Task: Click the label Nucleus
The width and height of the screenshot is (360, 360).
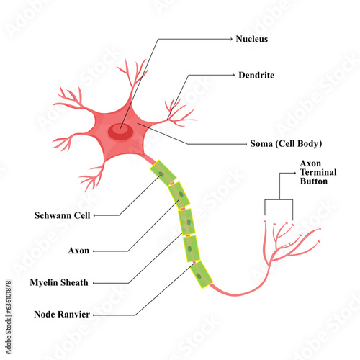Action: point(252,38)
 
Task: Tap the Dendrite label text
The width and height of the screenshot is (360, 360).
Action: point(256,74)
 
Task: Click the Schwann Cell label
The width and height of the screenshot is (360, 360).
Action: point(61,215)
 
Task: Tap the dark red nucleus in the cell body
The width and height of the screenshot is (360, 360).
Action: point(120,130)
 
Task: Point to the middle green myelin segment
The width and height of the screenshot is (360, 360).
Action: point(186,220)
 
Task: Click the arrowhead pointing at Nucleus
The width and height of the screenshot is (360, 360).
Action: point(230,38)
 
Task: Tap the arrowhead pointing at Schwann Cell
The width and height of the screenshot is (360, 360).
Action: point(96,215)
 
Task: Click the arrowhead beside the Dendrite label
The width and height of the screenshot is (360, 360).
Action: point(235,74)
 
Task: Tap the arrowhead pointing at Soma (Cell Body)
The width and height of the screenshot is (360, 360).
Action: point(244,143)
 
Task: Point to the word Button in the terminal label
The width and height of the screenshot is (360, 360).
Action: point(314,182)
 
